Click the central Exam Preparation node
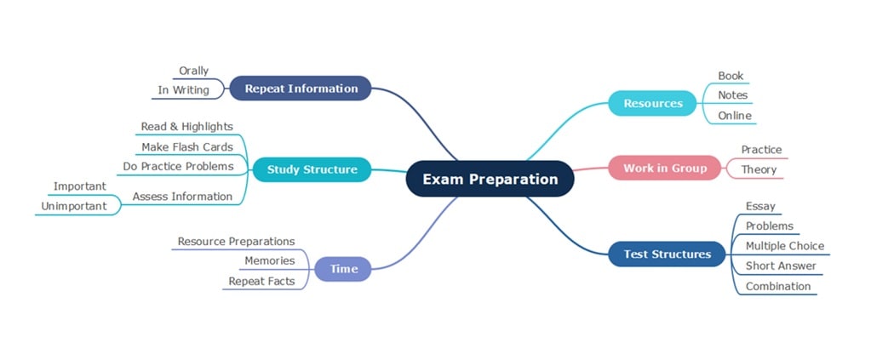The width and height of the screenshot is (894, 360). point(490,179)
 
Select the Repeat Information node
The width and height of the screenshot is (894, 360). point(301,88)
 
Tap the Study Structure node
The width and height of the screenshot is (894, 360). point(312,169)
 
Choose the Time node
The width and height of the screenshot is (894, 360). point(344,269)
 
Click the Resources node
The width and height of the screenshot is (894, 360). point(653,103)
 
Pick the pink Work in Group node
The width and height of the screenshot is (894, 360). point(665,168)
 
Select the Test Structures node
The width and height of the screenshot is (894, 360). point(667,254)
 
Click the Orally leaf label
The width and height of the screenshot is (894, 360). point(193,71)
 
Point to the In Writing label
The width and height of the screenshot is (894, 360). point(183,90)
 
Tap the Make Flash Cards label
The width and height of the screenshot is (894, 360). point(186,147)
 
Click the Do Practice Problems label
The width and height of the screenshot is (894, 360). point(178,166)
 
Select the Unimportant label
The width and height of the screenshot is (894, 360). point(74,206)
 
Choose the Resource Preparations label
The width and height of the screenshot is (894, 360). point(236,242)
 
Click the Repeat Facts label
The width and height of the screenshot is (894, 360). point(261,281)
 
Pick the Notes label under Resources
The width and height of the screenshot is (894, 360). point(732,95)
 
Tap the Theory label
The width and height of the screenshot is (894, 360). point(759,169)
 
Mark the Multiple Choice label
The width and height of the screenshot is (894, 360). point(784,246)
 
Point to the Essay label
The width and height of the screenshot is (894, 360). point(759,206)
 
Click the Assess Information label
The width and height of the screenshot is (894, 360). point(182,197)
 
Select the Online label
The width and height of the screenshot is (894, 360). point(735,116)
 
